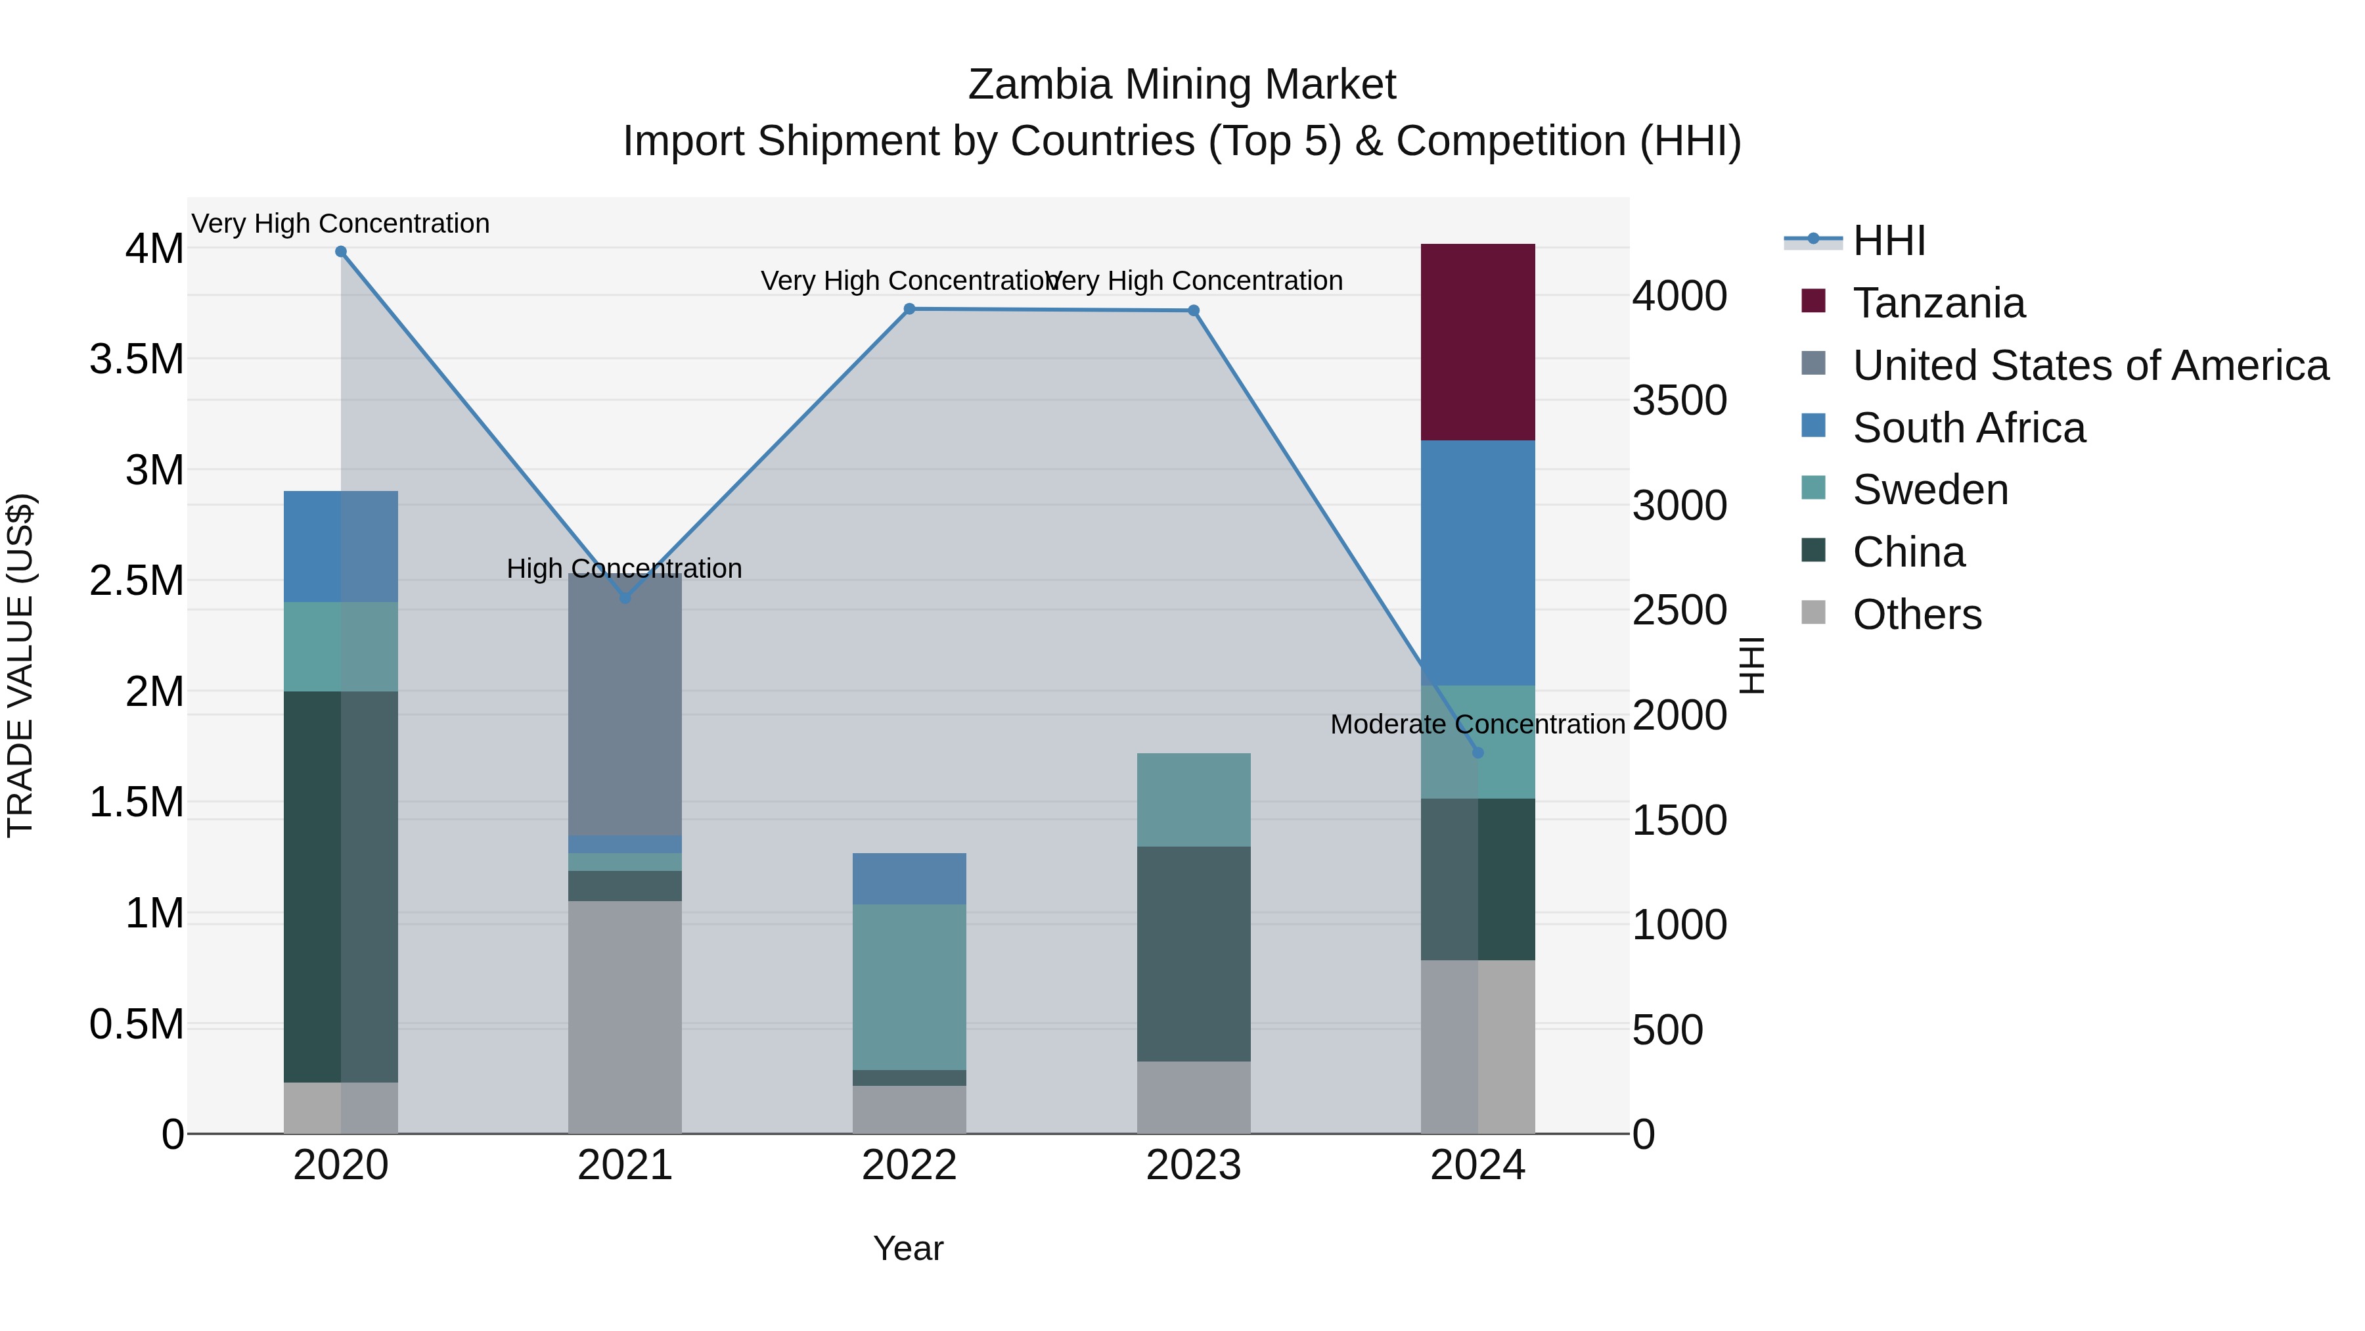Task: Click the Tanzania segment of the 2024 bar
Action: click(1477, 342)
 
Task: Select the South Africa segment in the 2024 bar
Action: click(1477, 562)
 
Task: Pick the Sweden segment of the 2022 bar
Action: click(909, 987)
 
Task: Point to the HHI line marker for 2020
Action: click(340, 252)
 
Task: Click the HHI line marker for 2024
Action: click(1477, 753)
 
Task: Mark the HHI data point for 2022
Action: click(909, 310)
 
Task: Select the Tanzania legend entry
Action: click(1937, 303)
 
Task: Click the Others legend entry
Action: click(1916, 615)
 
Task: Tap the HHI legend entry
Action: click(1887, 241)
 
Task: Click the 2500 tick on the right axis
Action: click(1679, 610)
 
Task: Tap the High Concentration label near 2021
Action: click(624, 569)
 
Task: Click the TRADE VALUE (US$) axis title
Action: click(20, 665)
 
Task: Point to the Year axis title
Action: click(908, 1248)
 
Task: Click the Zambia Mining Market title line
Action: click(1182, 85)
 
